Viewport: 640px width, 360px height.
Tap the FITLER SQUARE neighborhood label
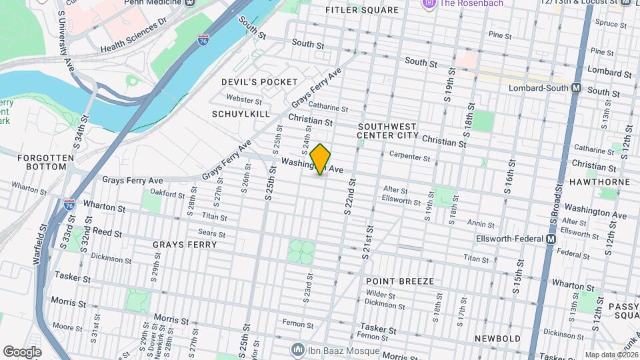pos(361,10)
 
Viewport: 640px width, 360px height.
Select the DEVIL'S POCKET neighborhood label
pos(259,81)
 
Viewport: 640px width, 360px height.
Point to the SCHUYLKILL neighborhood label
pos(241,114)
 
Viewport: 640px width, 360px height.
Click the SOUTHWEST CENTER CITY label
pos(387,131)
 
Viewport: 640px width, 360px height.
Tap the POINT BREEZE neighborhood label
pos(400,281)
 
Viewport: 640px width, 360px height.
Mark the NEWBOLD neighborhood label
pos(497,339)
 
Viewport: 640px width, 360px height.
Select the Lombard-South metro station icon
pos(577,88)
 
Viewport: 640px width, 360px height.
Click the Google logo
pos(22,351)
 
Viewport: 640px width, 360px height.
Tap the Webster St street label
pos(244,100)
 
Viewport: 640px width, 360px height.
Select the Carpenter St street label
pos(410,157)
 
